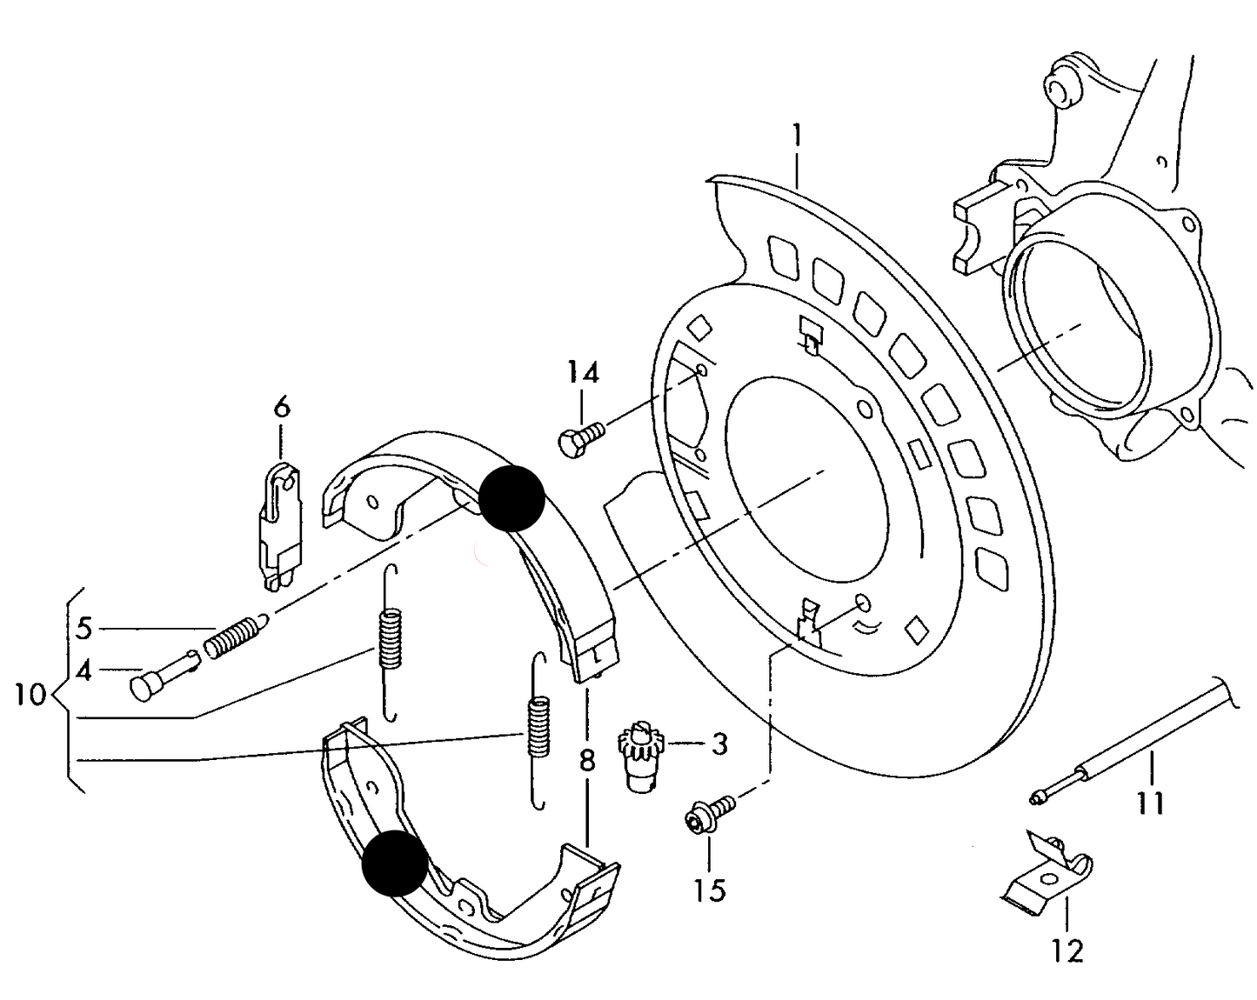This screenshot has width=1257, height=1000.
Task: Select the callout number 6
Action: coord(281,406)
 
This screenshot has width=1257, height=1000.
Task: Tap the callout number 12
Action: coord(1068,950)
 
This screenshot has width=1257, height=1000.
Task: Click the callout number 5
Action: coord(84,627)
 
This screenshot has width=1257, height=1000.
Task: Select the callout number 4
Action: coord(84,670)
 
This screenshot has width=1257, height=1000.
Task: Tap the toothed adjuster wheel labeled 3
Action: coord(641,752)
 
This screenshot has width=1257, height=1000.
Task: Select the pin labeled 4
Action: coord(163,673)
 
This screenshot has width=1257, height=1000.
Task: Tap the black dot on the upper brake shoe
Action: coord(511,497)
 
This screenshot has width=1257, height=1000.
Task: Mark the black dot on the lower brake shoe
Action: coord(395,862)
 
